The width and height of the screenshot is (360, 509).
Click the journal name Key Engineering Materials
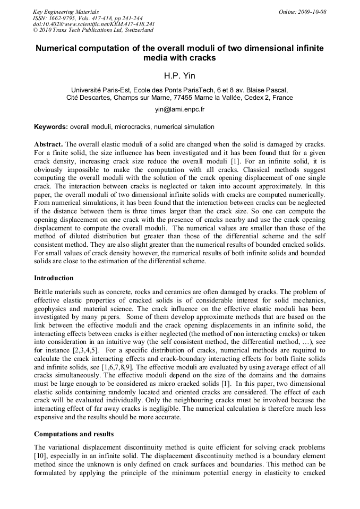click(x=65, y=12)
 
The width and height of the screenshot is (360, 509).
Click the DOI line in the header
click(x=93, y=24)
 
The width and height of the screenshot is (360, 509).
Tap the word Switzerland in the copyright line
click(x=136, y=30)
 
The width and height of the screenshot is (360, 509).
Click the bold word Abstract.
click(x=48, y=144)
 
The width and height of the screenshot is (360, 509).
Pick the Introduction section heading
click(x=54, y=278)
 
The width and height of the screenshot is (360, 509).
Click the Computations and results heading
click(x=74, y=434)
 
